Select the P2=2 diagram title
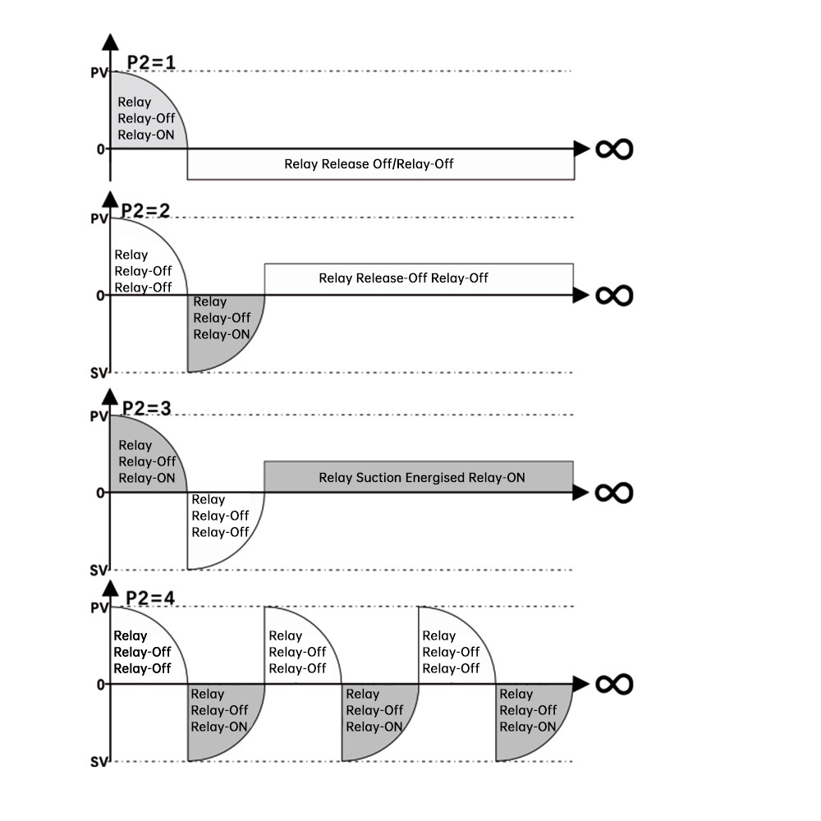coord(144,209)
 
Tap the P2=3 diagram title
coord(146,408)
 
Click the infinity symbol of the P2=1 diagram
coord(614,149)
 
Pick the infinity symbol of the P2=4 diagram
coord(614,684)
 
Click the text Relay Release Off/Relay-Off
coord(369,164)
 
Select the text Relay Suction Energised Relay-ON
coord(422,478)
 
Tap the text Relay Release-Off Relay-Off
coord(403,278)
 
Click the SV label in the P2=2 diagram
coord(99,373)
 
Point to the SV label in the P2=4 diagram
coord(99,762)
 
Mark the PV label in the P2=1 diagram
coord(99,72)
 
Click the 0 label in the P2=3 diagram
coord(101,493)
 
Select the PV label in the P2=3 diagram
coord(99,416)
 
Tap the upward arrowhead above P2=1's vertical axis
coord(110,44)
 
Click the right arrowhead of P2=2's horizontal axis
coord(581,295)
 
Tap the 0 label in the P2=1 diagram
coord(101,149)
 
